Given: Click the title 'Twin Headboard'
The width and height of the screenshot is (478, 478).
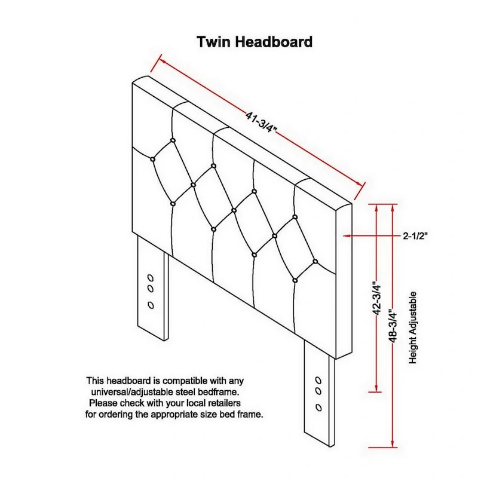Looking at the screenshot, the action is click(x=255, y=42).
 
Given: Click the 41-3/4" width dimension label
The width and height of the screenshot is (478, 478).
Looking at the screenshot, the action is click(x=261, y=122).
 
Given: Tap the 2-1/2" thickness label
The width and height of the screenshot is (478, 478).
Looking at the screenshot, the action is click(x=415, y=235).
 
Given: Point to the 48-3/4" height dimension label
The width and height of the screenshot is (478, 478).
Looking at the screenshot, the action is click(x=393, y=326).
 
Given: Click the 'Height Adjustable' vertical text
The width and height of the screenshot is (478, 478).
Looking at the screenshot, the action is click(x=412, y=327).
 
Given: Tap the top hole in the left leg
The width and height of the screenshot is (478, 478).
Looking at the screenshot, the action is click(x=151, y=278).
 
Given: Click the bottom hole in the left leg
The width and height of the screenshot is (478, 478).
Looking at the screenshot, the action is click(x=151, y=305).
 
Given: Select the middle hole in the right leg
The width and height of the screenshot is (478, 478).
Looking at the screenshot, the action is click(x=318, y=391).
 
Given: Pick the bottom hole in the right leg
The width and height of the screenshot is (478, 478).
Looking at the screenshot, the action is click(x=318, y=407).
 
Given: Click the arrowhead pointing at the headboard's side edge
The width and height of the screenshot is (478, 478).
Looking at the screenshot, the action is click(x=346, y=235).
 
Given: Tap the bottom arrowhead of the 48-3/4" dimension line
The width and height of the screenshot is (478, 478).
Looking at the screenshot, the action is click(x=393, y=444).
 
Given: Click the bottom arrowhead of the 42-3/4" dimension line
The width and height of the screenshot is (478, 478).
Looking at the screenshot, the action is click(x=377, y=388).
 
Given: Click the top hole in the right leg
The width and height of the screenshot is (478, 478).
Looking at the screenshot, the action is click(x=318, y=381).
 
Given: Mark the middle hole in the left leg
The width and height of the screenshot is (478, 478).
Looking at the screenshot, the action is click(x=151, y=289).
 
